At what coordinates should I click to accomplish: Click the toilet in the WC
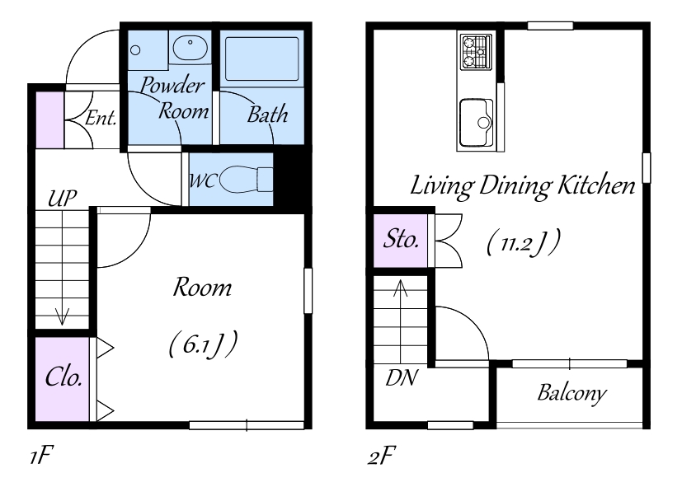(246, 179)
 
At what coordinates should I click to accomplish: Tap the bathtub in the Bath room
(262, 59)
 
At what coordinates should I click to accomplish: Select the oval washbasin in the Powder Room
(190, 48)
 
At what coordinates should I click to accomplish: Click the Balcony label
(571, 394)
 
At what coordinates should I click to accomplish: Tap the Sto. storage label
(401, 238)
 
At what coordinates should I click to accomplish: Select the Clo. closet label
(63, 377)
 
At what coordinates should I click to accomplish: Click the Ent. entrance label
(101, 118)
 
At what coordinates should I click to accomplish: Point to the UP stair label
(62, 199)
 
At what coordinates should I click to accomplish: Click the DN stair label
(402, 377)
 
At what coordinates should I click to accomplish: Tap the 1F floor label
(41, 457)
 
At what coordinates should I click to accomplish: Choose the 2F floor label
(382, 457)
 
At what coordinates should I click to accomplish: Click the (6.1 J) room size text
(203, 344)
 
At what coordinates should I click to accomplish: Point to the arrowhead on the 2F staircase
(400, 288)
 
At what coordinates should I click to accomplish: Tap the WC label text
(202, 180)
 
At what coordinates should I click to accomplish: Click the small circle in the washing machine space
(135, 50)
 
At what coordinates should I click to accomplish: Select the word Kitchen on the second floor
(596, 185)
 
